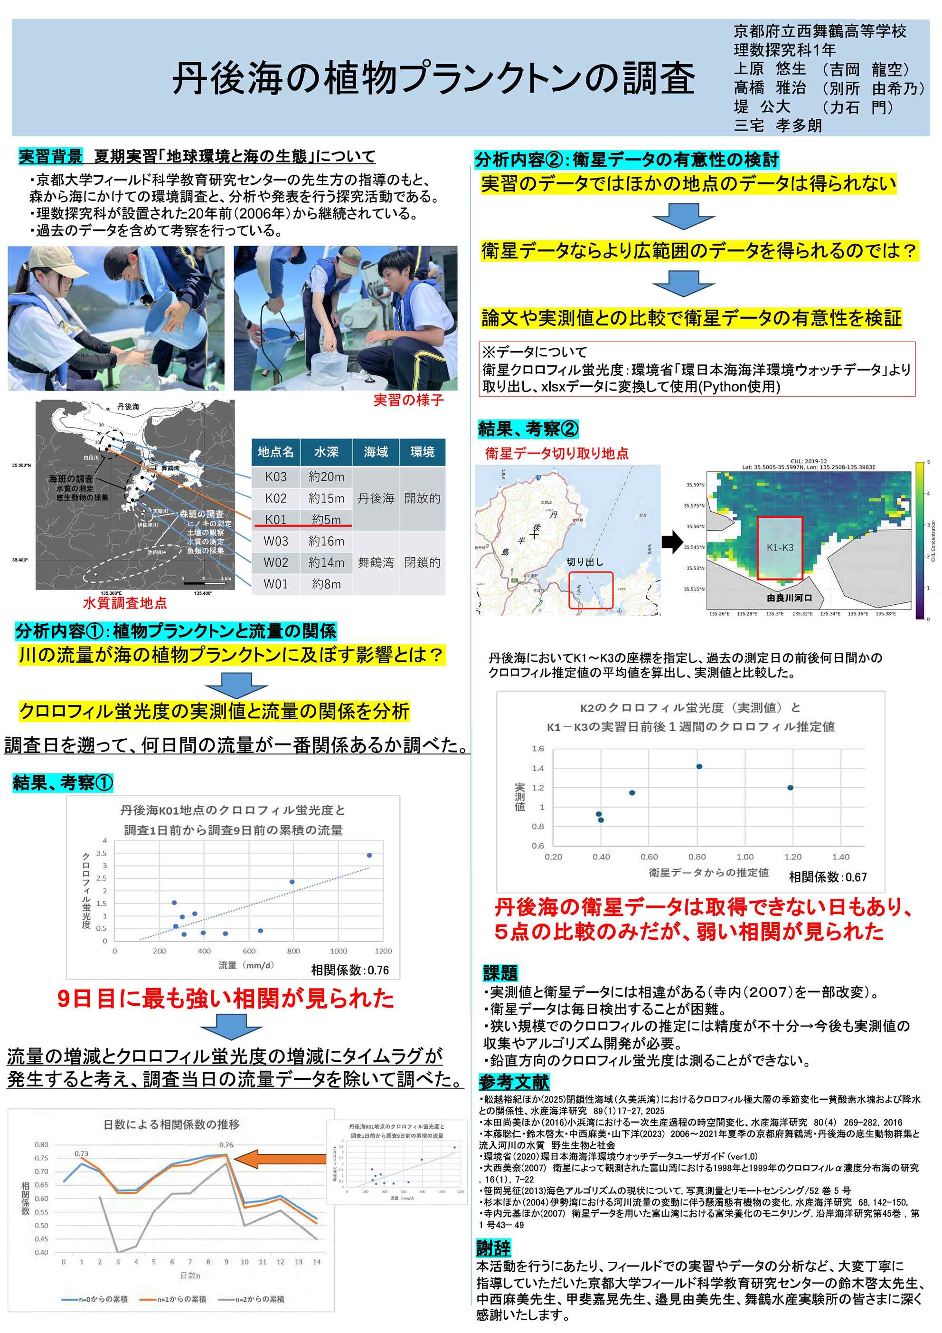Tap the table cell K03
coord(276,476)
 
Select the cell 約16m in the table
coord(326,541)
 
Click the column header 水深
coord(326,452)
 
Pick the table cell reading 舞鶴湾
coord(376,562)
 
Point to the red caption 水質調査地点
coord(125,603)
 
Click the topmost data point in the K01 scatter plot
coord(369,855)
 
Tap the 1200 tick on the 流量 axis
coord(383,951)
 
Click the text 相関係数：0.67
coord(828,877)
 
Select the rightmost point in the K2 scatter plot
coord(790,788)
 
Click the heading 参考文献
coord(514,1082)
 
